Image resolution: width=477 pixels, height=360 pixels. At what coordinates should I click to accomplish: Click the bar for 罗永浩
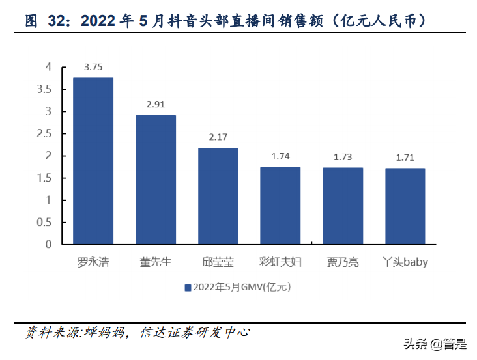tap(93, 161)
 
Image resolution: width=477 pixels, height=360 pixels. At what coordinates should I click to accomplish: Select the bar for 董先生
tap(156, 180)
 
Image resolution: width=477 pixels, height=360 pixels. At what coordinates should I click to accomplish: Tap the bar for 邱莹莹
tap(218, 196)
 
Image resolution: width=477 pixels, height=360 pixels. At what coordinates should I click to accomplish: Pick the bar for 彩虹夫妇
tap(280, 206)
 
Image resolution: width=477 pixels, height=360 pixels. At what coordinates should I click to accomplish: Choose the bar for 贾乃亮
tap(343, 206)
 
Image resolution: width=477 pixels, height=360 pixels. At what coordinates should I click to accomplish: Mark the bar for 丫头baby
tap(405, 206)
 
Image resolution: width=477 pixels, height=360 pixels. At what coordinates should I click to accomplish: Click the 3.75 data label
tap(93, 67)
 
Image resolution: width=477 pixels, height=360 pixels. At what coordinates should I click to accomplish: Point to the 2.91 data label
tap(156, 104)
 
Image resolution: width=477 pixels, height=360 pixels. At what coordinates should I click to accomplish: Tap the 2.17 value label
tap(218, 137)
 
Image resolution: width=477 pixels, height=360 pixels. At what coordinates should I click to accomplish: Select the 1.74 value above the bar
tap(280, 156)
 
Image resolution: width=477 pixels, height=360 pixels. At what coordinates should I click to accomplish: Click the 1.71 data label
tap(405, 158)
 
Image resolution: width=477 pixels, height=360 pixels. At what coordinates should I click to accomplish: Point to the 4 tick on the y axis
tap(48, 66)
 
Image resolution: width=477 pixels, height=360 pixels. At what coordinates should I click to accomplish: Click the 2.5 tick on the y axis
tap(44, 133)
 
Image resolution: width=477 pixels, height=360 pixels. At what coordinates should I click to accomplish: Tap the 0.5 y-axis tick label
tap(44, 222)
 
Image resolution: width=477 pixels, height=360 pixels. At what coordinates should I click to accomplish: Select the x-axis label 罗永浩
tap(93, 262)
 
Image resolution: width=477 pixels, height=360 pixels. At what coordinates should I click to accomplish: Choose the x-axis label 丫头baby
tap(405, 262)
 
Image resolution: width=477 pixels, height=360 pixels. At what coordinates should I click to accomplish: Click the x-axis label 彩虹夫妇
tap(280, 262)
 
